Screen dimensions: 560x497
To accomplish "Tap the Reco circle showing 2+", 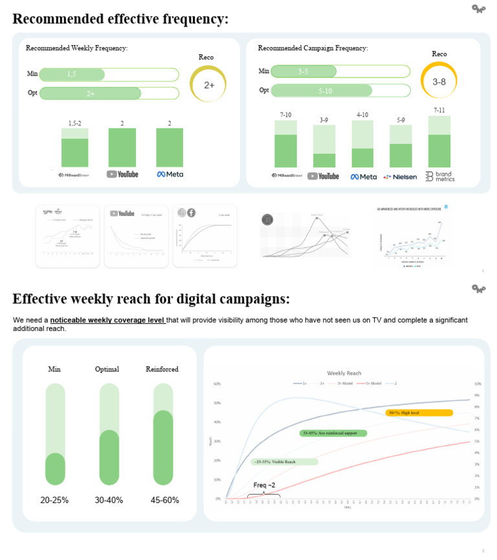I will (209, 85).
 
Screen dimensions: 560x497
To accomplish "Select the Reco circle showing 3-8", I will (439, 81).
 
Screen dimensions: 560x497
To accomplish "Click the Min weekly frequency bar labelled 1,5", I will (72, 74).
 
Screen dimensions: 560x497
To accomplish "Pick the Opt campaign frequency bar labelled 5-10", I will (322, 91).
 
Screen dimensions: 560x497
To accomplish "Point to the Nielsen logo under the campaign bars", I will (400, 176).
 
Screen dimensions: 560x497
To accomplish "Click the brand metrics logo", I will (440, 176).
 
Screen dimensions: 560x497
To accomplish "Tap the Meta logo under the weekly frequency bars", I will (170, 174).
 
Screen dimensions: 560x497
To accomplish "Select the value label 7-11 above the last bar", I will (439, 111).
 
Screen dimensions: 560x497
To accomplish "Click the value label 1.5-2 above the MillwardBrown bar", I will (75, 123).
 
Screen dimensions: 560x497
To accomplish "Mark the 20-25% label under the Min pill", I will (54, 500).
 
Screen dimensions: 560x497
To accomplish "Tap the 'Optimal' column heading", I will (107, 369).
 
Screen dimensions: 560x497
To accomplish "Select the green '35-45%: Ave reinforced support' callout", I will (333, 433).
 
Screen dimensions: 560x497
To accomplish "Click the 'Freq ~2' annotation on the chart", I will (264, 485).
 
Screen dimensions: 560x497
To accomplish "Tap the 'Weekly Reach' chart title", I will (344, 373).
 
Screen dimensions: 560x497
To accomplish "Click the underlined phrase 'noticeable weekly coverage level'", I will (107, 320).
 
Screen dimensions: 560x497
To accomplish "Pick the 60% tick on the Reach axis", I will (217, 383).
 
